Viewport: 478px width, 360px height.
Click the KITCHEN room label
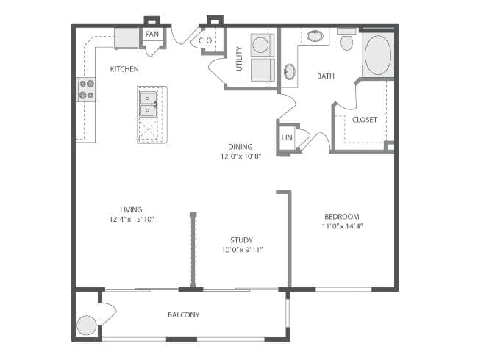coord(124,69)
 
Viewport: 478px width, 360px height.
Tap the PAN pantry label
coord(151,34)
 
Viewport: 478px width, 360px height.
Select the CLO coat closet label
coord(205,40)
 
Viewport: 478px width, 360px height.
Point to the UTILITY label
coord(239,59)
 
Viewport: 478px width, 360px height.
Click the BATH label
coord(326,76)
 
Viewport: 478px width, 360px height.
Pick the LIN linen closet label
coord(287,137)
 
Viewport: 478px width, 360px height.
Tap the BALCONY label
coord(184,314)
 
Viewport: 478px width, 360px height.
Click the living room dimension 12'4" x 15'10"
coord(132,219)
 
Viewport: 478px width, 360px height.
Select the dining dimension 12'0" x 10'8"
coord(240,156)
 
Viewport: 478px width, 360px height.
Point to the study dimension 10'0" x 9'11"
coord(242,250)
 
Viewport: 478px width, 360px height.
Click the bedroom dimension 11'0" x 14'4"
coord(342,226)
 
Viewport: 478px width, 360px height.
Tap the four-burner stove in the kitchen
coord(86,90)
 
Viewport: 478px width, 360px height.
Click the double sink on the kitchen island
coord(148,104)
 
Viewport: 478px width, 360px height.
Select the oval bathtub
coord(378,55)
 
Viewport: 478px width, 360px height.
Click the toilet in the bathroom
coord(346,40)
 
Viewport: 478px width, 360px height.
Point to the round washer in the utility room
coord(260,45)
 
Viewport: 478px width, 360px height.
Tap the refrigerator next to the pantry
coord(126,38)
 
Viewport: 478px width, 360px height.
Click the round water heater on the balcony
coord(87,325)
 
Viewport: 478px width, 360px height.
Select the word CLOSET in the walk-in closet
coord(365,120)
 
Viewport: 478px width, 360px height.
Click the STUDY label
coord(241,240)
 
